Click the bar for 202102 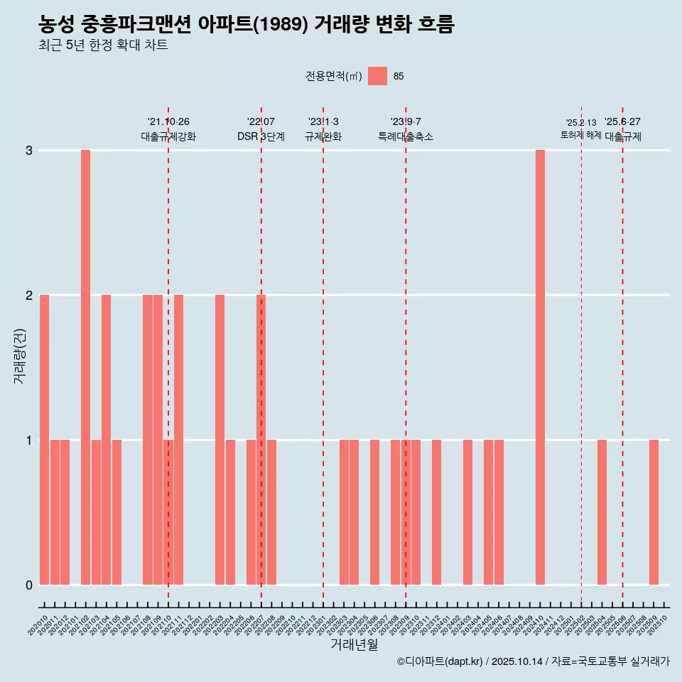(85, 367)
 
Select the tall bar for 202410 (540, 367)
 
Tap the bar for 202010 (44, 440)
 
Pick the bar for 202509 (654, 512)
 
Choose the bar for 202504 (602, 512)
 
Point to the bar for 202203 (220, 440)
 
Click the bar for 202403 (467, 512)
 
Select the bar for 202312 (436, 512)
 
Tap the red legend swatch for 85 (377, 76)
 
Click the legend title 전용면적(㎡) (333, 77)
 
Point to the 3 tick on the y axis (29, 151)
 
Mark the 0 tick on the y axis (29, 585)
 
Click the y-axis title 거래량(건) (19, 356)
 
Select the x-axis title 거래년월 (354, 644)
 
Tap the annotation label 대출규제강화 (168, 136)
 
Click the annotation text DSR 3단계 (261, 136)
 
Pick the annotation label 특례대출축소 (406, 136)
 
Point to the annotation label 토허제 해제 (581, 135)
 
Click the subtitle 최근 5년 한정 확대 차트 (103, 45)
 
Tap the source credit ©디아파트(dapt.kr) (440, 661)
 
